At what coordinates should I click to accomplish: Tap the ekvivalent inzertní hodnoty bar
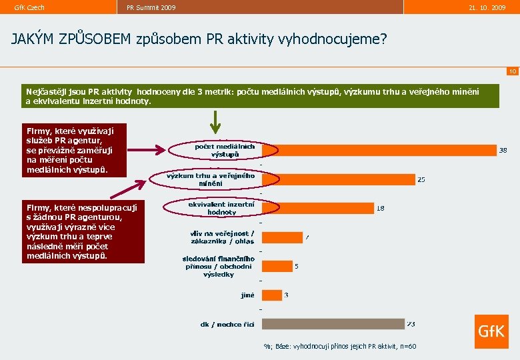coord(317,208)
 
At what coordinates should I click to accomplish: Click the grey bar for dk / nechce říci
coord(333,324)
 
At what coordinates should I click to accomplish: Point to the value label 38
coord(503,151)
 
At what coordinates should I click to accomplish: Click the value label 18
coord(381,208)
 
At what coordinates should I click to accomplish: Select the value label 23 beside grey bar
coord(411,324)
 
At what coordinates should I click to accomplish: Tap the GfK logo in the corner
coord(491,331)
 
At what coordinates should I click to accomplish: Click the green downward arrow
coord(215,122)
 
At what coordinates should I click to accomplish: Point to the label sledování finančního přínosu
coord(219,266)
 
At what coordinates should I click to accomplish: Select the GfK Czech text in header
coord(29,7)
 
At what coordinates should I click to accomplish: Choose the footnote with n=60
coord(340,347)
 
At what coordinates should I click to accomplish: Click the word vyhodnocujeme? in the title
coord(341,39)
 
